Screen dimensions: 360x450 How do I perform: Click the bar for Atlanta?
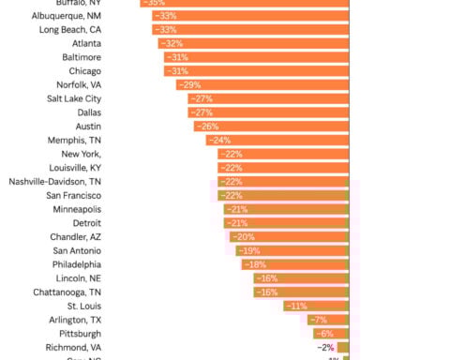(253, 43)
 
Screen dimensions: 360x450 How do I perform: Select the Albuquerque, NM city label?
(92, 16)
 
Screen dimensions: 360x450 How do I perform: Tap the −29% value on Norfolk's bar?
(188, 84)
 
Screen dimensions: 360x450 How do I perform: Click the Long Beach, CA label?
(91, 29)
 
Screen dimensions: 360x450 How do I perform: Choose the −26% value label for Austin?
(207, 127)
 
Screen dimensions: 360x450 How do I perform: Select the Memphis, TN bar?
(277, 140)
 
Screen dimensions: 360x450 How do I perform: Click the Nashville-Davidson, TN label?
(68, 181)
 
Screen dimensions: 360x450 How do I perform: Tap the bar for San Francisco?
(283, 195)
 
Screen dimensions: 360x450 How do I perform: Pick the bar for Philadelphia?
(295, 264)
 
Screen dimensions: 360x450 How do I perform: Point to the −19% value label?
(249, 250)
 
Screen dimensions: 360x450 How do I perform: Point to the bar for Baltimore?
(256, 57)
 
